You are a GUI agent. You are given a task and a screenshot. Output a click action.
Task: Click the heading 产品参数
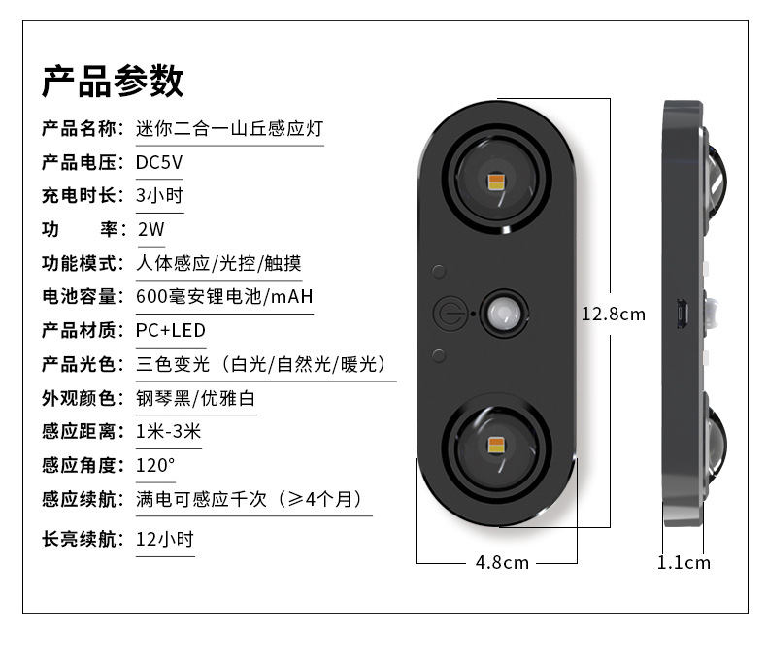[x=112, y=82]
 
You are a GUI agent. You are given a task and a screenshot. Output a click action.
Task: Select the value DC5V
[x=158, y=161]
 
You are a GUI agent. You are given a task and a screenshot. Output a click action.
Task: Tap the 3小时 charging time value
[x=159, y=194]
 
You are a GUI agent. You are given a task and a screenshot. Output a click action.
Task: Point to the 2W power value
[x=152, y=229]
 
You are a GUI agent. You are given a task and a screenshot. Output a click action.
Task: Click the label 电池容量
[x=80, y=296]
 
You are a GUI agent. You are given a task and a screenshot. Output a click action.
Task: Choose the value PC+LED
[x=170, y=330]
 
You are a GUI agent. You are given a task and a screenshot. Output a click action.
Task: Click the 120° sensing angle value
[x=155, y=465]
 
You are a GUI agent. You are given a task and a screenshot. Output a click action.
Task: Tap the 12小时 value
[x=164, y=538]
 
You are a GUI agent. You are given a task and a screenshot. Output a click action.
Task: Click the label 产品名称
[x=80, y=128]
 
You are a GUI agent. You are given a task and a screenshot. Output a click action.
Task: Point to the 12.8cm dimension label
[x=613, y=314]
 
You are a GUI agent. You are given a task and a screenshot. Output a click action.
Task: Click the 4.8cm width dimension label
[x=502, y=562]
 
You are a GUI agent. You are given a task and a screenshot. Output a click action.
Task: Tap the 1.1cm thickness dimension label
[x=684, y=562]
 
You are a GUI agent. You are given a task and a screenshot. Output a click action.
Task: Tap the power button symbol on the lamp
[x=447, y=314]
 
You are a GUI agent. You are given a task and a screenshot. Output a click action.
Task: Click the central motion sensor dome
[x=503, y=314]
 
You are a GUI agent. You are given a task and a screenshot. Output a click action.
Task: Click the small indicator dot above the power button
[x=439, y=273]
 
